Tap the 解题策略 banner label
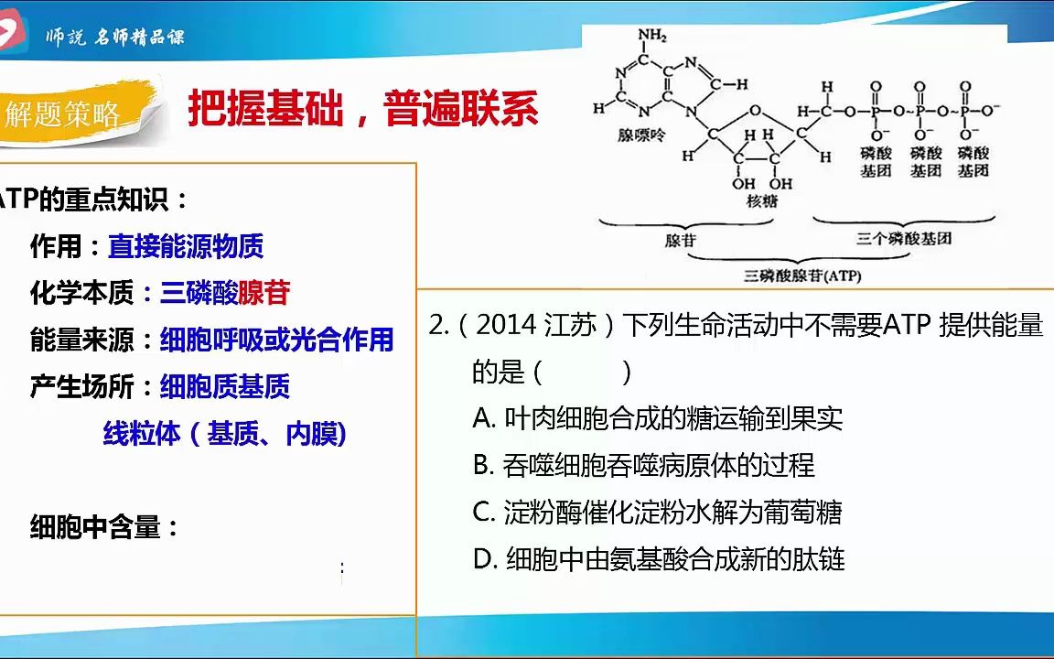(x=63, y=114)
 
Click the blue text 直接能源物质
(x=186, y=246)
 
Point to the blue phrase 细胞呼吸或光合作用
(x=276, y=340)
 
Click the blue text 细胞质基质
(x=225, y=387)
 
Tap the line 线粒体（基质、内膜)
(x=225, y=434)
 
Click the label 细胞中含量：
(x=105, y=527)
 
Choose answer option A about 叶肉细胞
(x=657, y=419)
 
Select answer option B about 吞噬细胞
(x=643, y=466)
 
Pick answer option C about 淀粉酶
(x=657, y=513)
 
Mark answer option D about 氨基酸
(x=659, y=559)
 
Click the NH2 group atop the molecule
(x=652, y=37)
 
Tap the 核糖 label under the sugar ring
(x=761, y=201)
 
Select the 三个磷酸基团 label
(x=904, y=238)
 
